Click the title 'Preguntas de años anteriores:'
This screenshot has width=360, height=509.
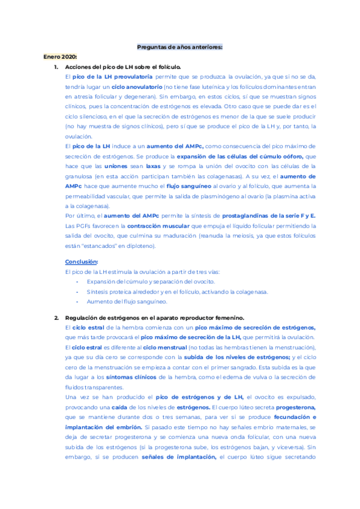pyautogui.click(x=180, y=47)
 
